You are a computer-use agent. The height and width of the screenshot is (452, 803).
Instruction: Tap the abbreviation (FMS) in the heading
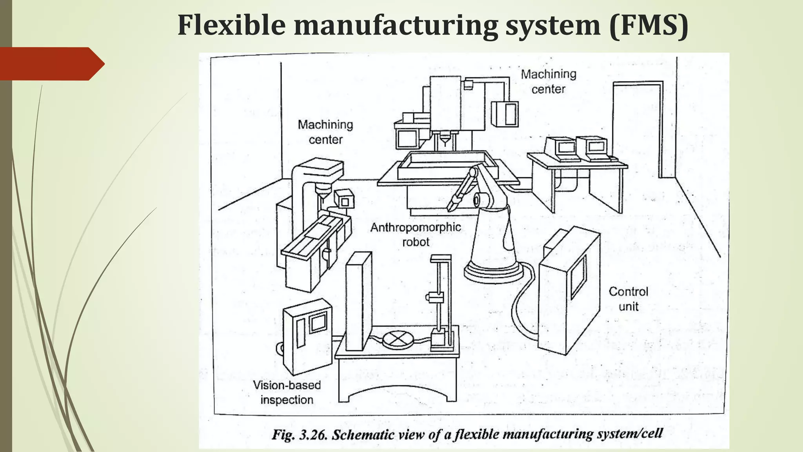pos(649,25)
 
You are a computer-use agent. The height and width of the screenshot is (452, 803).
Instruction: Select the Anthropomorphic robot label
pos(416,234)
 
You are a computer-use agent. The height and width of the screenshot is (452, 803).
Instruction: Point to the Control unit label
pos(628,299)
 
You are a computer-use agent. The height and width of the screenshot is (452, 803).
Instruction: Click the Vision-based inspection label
pos(287,392)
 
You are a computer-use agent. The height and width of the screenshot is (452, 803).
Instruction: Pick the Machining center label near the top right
pos(549,81)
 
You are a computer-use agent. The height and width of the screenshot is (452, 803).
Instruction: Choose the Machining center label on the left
pos(325,132)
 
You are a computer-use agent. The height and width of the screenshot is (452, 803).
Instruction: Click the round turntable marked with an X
pos(398,339)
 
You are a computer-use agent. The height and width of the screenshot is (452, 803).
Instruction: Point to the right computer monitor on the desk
pos(596,146)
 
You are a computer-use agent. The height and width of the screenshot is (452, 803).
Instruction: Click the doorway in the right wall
pos(637,129)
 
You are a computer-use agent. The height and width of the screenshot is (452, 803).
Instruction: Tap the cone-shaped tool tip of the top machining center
pos(445,140)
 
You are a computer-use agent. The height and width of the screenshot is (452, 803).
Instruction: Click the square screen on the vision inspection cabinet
pos(318,323)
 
